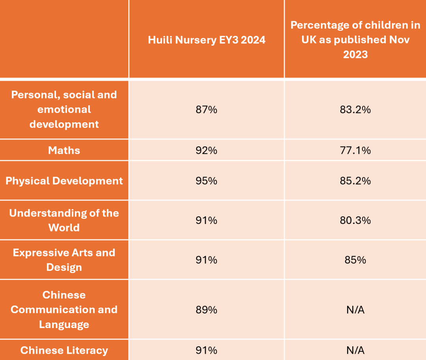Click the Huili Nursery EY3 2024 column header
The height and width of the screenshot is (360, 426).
tap(206, 40)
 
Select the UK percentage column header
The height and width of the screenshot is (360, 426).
tap(355, 39)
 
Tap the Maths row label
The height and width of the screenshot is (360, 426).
tap(64, 150)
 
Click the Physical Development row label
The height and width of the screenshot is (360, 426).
tap(64, 181)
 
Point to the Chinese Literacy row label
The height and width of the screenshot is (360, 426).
tap(64, 350)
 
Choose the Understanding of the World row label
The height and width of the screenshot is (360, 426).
tap(64, 220)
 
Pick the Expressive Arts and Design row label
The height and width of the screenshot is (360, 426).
tap(64, 260)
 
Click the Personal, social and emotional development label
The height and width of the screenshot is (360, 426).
tap(64, 109)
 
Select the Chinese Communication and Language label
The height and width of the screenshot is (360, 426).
tap(64, 310)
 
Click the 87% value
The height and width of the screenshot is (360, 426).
tap(206, 110)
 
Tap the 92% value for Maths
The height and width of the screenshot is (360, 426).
tap(206, 150)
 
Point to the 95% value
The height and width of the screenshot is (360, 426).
tap(206, 181)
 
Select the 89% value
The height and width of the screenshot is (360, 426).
tap(206, 310)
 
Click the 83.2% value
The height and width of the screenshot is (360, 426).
tap(355, 110)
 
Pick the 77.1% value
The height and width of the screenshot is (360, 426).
tap(355, 150)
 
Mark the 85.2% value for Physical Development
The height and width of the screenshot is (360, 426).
tap(355, 181)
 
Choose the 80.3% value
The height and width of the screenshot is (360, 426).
tap(355, 220)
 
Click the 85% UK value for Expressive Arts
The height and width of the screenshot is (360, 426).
tap(355, 260)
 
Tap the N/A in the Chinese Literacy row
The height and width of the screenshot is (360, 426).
tap(355, 350)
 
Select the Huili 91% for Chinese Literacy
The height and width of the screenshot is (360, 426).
tap(206, 350)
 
